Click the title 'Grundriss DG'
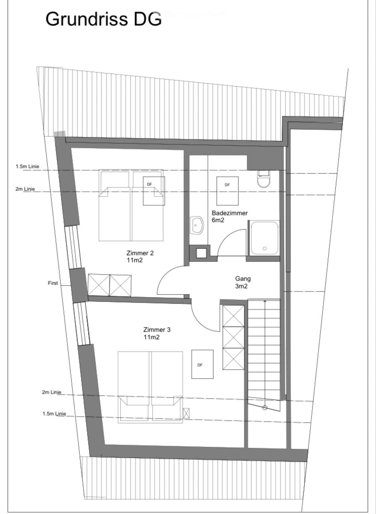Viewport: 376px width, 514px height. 103,19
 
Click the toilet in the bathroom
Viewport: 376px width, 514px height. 264,180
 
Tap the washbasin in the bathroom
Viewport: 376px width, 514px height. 196,225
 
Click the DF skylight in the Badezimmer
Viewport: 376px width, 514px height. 227,190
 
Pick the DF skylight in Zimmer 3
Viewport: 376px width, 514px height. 202,364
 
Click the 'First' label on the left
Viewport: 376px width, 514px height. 53,283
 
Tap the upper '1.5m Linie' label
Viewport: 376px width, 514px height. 27,166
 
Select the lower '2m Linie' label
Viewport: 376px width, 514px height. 52,392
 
